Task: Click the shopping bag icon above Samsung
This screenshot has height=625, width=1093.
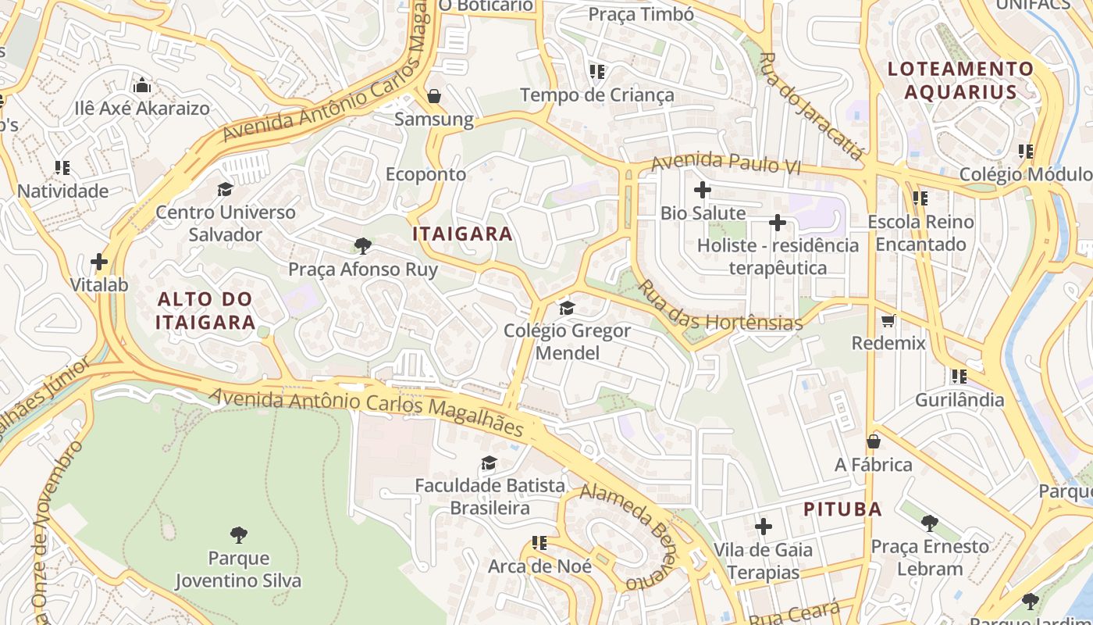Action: click(x=433, y=96)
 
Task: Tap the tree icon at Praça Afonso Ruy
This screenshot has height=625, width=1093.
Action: click(x=362, y=246)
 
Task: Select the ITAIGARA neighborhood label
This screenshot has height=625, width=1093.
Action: click(x=462, y=234)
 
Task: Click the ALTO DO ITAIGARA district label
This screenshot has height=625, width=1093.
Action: click(x=205, y=310)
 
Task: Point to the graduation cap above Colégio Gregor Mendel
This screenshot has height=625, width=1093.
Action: click(x=567, y=308)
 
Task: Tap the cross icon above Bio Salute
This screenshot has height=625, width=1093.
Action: click(x=703, y=190)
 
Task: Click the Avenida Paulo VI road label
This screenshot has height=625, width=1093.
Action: click(x=726, y=162)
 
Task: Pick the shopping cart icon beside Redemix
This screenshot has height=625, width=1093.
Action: click(x=888, y=320)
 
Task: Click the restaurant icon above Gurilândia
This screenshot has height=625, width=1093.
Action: click(x=959, y=377)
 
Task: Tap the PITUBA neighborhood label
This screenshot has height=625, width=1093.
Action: click(x=843, y=509)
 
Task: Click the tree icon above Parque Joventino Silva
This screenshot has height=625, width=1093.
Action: click(x=239, y=535)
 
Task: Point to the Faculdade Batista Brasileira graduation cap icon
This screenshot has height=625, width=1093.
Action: click(x=489, y=462)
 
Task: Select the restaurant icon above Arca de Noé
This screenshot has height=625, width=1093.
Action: click(x=539, y=542)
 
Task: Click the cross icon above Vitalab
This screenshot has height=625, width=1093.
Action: click(x=99, y=261)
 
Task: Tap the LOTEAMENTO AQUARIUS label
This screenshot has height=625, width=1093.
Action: click(x=960, y=80)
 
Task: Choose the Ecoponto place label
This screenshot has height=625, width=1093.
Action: click(x=425, y=174)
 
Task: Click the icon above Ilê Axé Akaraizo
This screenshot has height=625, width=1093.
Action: click(x=142, y=84)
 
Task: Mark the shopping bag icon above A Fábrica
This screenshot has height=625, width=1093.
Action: click(x=874, y=441)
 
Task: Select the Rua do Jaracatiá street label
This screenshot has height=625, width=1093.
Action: click(x=811, y=106)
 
